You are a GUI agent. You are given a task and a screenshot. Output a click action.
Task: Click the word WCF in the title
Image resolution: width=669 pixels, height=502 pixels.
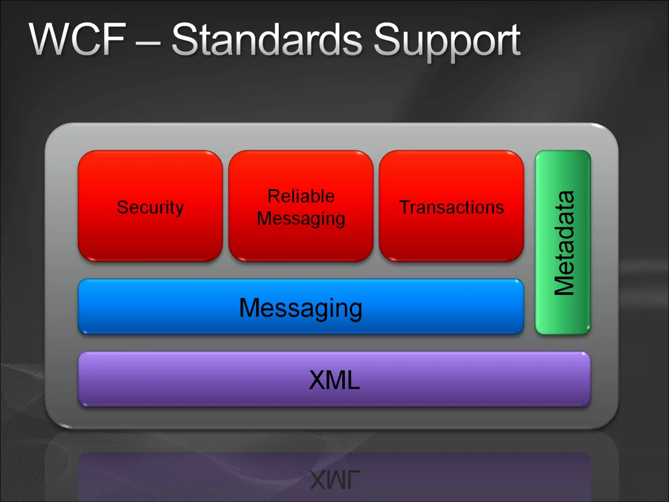point(78,40)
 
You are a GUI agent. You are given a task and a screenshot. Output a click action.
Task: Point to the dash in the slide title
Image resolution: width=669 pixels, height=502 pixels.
point(148,42)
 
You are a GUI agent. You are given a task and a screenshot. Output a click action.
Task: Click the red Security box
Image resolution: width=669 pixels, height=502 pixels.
point(150,235)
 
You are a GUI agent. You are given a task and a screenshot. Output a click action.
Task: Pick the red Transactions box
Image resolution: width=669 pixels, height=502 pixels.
point(451,235)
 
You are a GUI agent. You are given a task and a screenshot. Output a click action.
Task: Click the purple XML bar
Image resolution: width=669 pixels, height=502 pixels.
point(196,379)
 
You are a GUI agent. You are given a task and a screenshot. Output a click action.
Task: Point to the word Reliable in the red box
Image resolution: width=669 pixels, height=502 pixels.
point(301,196)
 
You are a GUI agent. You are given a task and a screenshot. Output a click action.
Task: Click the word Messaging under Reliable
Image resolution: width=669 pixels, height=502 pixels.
point(301,219)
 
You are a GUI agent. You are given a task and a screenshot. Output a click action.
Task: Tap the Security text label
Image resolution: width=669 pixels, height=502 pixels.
point(150,207)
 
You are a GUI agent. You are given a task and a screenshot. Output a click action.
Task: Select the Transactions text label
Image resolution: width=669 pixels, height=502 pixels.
point(451,207)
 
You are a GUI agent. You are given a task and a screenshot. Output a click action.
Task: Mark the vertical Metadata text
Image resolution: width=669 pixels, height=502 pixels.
point(564,243)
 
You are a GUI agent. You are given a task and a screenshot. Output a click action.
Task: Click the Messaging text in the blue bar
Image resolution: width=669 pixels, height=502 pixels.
point(301,308)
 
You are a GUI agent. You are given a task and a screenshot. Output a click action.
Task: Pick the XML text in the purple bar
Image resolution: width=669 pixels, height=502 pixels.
point(334,380)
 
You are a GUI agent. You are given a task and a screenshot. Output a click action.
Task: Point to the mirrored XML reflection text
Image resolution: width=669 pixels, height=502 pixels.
point(334,480)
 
